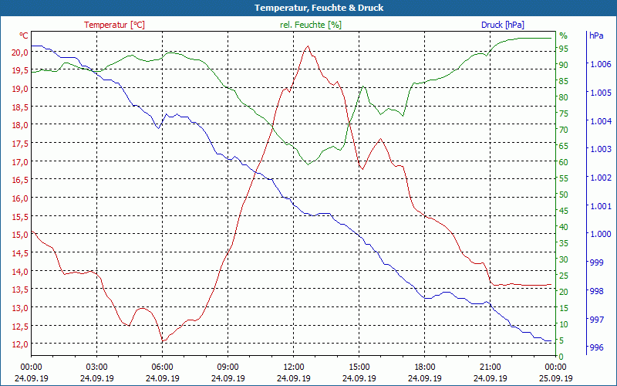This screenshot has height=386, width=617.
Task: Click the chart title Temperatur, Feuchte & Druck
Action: [308, 8]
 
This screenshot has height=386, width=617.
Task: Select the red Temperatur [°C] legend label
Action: [114, 25]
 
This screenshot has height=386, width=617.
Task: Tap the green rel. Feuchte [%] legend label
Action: [311, 25]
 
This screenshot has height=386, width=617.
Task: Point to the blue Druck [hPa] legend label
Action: [507, 25]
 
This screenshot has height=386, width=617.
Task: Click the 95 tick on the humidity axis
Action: [564, 49]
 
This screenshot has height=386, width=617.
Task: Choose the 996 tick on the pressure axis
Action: [596, 348]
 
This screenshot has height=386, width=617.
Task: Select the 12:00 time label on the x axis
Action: [294, 367]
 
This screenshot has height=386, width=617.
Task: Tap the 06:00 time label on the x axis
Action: [163, 367]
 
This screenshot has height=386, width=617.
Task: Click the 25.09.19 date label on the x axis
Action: [556, 378]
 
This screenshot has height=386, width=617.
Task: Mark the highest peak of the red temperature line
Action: [308, 46]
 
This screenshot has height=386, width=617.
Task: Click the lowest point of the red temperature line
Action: [162, 340]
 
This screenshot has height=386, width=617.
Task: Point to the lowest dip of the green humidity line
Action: [308, 164]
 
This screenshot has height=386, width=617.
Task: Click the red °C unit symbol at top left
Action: [24, 36]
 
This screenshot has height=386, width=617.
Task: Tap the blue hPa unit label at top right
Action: [596, 36]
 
